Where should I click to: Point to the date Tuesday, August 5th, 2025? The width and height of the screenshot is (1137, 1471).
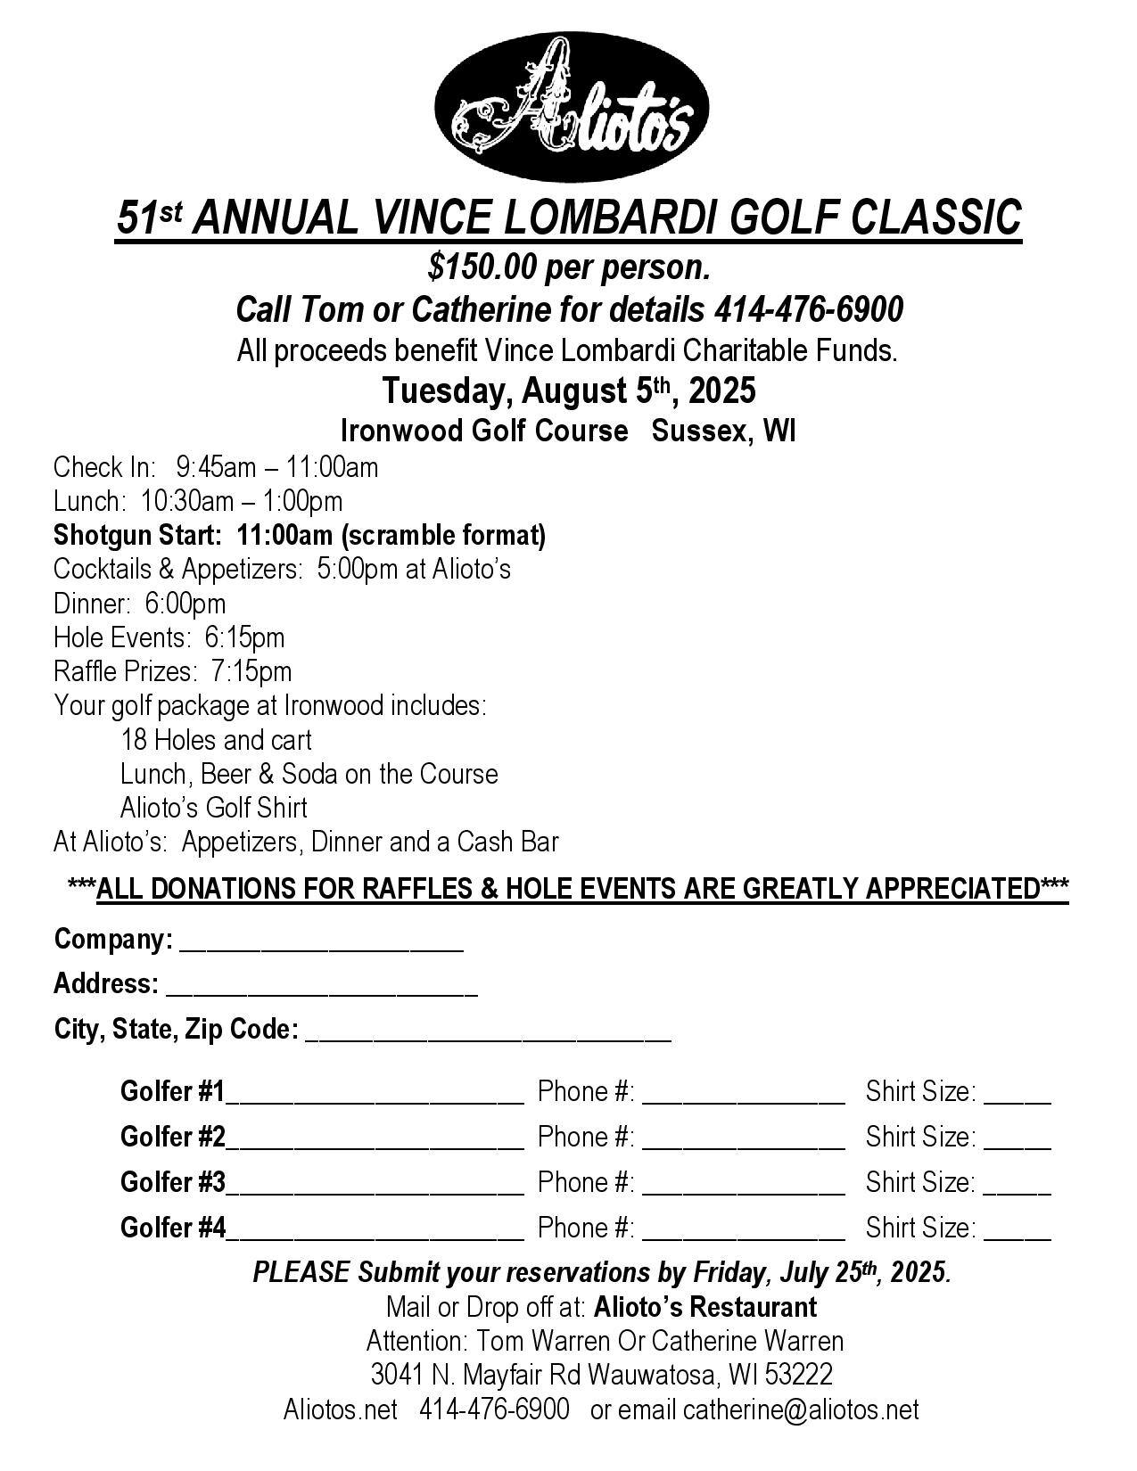coord(569,390)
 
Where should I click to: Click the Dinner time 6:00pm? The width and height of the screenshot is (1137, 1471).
coord(185,604)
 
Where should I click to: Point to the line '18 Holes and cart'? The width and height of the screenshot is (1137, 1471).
coord(216,740)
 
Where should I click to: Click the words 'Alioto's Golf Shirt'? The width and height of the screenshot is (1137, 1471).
coord(214,808)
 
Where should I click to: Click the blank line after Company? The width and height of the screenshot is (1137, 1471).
coord(321,947)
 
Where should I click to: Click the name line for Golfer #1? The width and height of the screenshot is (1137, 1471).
coord(375,1099)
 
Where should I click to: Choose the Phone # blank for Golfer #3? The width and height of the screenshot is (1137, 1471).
coord(743,1190)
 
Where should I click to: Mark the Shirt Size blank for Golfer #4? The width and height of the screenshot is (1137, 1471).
coord(1018,1236)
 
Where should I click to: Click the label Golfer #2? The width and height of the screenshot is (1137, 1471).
coord(173,1137)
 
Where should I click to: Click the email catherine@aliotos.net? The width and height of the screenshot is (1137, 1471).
coord(801,1409)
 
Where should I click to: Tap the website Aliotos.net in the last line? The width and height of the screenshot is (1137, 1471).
coord(340,1409)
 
